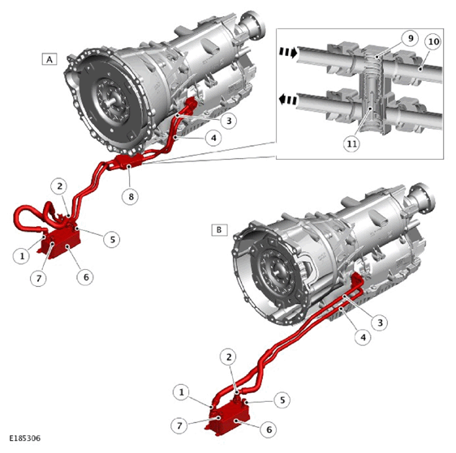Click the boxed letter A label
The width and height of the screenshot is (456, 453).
49,59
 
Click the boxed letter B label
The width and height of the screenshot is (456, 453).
219,230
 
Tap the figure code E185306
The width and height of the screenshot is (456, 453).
24,438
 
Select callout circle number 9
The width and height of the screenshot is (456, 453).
410,38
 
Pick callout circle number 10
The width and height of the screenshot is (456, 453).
433,42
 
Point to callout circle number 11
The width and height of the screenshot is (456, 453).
352,143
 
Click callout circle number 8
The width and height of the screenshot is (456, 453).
131,197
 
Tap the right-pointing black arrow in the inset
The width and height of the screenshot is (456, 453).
289,52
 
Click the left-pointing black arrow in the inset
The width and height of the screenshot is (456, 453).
287,100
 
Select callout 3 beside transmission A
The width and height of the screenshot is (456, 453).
229,121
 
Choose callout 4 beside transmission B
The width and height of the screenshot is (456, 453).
363,337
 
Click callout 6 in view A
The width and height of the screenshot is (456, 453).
86,277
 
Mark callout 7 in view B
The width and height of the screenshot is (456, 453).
179,425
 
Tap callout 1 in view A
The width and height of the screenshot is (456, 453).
22,256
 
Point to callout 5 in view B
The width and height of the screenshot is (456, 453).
282,400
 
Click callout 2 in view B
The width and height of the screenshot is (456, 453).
229,357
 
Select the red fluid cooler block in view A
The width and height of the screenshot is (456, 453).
61,243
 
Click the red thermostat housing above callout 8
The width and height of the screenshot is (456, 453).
128,160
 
